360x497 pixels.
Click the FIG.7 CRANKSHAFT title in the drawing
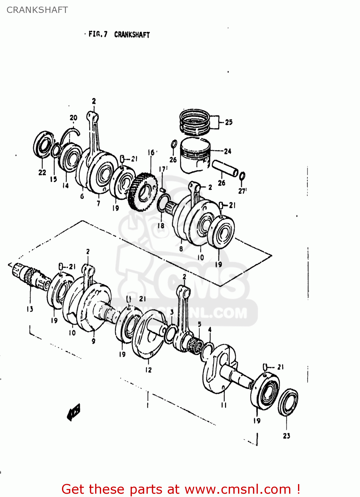coord(119,34)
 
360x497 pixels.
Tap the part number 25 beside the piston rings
coord(229,122)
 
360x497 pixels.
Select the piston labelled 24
coord(195,155)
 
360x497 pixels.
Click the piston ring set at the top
coord(195,122)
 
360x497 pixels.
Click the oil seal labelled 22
coord(43,145)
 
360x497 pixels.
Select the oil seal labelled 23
coord(287,402)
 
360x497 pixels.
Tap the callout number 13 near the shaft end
coord(30,309)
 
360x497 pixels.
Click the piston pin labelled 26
coord(225,168)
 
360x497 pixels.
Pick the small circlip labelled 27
coord(242,176)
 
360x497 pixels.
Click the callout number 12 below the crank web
coord(148,370)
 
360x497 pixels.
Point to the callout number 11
coord(224,405)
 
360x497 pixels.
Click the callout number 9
coord(93,341)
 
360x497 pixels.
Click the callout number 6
coord(82,196)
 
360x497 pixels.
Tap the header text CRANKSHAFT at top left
coord(37,10)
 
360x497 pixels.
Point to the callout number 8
coord(181,249)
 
